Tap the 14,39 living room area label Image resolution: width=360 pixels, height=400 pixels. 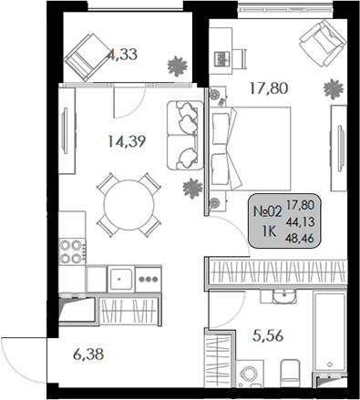point(126,141)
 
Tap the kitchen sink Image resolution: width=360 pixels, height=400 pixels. point(121,276)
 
